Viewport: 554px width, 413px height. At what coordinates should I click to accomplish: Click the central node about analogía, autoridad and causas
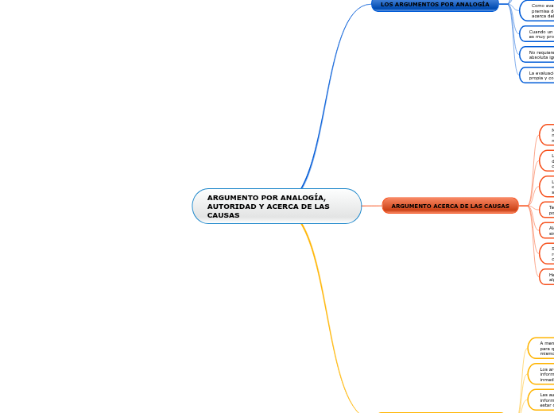[x=277, y=206]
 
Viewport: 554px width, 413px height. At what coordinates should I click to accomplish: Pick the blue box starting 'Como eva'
[x=537, y=10]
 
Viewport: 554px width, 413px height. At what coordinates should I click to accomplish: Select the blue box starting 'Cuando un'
[x=537, y=34]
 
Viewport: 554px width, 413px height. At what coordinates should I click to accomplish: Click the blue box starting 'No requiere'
[x=537, y=55]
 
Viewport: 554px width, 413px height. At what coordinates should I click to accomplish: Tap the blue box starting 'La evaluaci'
[x=537, y=75]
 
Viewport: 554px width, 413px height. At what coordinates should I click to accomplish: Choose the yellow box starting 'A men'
[x=542, y=348]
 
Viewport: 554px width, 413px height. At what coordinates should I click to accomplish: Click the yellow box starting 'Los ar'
[x=542, y=373]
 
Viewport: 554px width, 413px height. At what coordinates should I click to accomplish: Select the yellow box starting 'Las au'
[x=542, y=399]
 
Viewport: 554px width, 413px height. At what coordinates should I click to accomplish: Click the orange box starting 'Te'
[x=548, y=210]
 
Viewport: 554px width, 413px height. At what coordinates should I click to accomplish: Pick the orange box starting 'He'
[x=548, y=276]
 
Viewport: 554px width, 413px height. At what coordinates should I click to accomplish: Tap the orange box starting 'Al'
[x=548, y=230]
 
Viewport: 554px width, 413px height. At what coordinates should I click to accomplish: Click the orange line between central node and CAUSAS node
[x=372, y=206]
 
